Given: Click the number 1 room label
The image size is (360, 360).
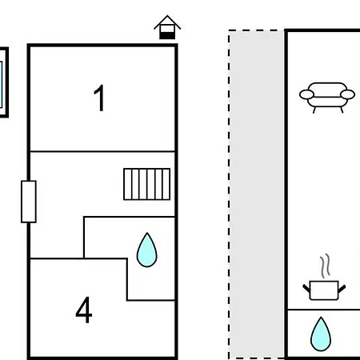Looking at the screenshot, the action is [99, 98].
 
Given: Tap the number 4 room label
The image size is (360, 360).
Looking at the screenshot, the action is [84, 310].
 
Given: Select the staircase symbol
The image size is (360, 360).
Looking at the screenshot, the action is [147, 184].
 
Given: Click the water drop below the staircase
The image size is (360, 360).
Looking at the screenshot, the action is [147, 250].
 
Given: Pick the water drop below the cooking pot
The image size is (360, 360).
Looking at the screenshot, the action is [321, 334].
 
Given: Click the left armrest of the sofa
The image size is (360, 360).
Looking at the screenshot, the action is [306, 94].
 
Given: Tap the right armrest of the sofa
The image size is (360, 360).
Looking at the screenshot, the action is [348, 94].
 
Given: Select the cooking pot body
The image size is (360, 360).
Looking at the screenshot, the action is [324, 290].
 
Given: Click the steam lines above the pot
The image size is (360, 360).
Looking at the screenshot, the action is [325, 266].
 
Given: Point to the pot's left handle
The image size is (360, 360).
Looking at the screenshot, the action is [306, 288].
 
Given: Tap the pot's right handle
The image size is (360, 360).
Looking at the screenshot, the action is [342, 288].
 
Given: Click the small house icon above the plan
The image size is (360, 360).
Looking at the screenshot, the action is [167, 27].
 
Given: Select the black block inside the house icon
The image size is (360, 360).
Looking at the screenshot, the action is [167, 35].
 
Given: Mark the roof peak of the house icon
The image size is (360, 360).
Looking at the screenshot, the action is [167, 15].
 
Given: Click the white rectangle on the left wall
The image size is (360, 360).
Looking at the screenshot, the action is [29, 202].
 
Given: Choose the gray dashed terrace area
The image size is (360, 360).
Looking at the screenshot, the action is [257, 194].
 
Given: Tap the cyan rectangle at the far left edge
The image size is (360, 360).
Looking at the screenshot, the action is [1, 85].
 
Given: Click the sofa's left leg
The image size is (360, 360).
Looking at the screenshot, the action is [314, 110].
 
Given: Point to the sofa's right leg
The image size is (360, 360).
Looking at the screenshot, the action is [342, 110].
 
